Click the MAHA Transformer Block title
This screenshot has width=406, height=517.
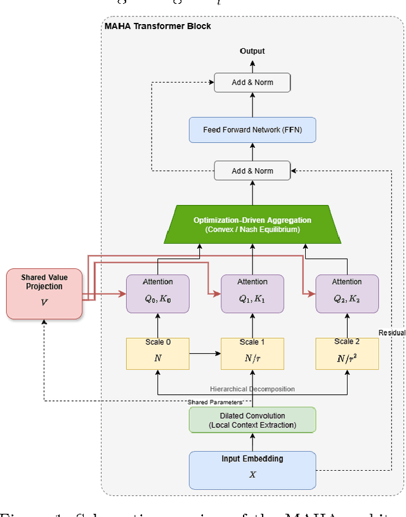[157, 26]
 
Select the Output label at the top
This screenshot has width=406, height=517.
[252, 51]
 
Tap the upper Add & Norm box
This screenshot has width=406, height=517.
[252, 82]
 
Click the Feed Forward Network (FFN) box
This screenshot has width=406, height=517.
[252, 129]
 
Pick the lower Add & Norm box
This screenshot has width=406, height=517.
[252, 171]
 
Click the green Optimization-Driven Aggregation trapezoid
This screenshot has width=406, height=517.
[252, 225]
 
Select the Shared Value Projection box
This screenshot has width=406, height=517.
[44, 294]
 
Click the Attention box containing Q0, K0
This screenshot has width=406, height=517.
[157, 293]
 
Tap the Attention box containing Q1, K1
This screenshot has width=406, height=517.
[252, 293]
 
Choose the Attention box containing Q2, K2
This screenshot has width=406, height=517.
[347, 293]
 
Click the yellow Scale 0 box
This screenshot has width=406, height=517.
[157, 353]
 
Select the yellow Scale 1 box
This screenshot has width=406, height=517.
[252, 353]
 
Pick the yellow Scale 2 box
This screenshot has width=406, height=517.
[347, 353]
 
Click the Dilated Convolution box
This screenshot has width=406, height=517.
[252, 420]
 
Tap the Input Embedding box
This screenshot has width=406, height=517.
[252, 470]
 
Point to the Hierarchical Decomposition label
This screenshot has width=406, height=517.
[252, 389]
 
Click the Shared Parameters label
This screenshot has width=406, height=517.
[214, 402]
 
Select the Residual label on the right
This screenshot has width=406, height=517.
[391, 332]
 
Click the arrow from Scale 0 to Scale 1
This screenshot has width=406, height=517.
[205, 348]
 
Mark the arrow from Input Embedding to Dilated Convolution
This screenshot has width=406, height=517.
[252, 442]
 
